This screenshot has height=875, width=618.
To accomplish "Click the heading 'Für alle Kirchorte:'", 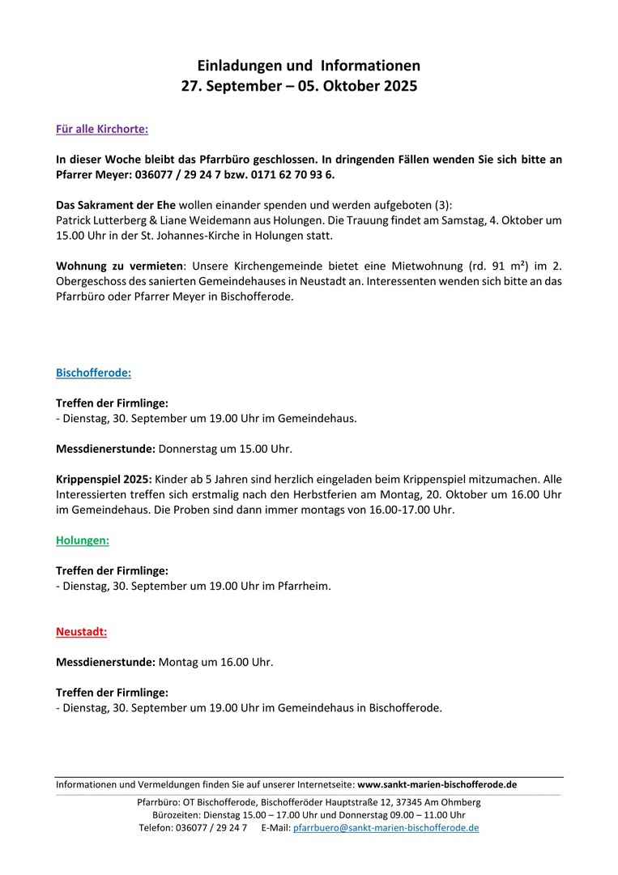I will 101,129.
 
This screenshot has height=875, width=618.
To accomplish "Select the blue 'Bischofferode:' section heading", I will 93,373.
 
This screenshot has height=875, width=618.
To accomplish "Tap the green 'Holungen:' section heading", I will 82,540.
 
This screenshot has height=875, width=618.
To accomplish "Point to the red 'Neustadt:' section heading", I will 81,631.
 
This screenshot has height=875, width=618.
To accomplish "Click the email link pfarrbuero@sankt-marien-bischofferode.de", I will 386,828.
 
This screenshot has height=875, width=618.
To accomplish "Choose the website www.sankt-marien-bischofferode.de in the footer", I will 437,784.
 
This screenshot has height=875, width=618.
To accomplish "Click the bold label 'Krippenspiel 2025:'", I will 104,480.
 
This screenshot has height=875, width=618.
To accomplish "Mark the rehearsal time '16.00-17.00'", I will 402,510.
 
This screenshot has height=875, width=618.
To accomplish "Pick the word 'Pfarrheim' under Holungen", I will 304,586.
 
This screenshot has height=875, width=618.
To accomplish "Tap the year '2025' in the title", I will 399,85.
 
